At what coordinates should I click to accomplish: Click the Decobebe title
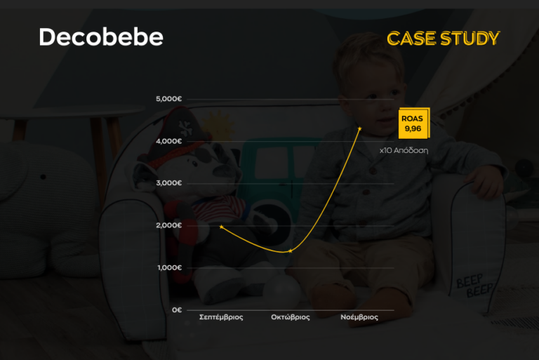click(x=100, y=37)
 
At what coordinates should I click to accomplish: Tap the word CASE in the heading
click(x=411, y=39)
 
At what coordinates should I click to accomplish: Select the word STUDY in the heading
click(x=470, y=39)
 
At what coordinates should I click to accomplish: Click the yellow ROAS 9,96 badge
click(x=413, y=124)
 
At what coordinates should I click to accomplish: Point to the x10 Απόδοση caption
click(x=404, y=150)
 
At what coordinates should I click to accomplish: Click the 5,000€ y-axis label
click(x=169, y=99)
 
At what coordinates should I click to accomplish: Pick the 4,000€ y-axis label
click(x=169, y=141)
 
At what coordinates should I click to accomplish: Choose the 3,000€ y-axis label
click(x=169, y=183)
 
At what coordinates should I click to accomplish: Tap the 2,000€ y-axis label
click(x=169, y=225)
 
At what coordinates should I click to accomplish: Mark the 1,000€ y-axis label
click(x=169, y=267)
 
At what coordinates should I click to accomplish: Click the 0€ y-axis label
click(x=177, y=309)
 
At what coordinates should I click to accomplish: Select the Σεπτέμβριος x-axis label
click(x=221, y=317)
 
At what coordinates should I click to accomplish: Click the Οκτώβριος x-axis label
click(x=291, y=317)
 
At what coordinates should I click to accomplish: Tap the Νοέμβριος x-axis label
click(x=359, y=317)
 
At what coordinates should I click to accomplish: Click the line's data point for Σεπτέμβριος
click(x=221, y=227)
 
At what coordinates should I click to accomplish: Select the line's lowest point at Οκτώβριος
click(x=290, y=251)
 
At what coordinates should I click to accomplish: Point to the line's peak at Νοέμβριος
click(x=360, y=128)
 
